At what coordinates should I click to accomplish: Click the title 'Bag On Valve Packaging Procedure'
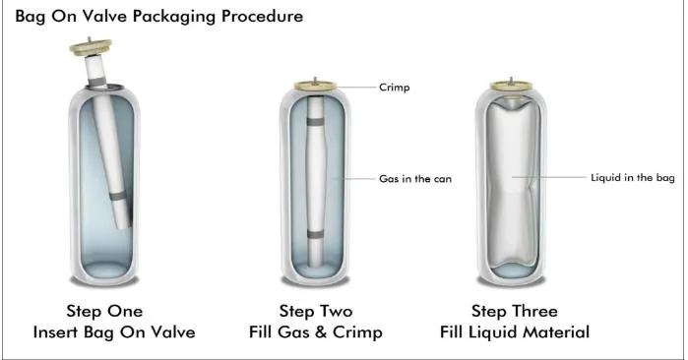coord(152,17)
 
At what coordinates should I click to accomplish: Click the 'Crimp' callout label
coord(393,88)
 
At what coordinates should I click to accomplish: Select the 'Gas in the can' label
coord(415,179)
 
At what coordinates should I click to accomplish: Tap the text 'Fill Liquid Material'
coord(514,332)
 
